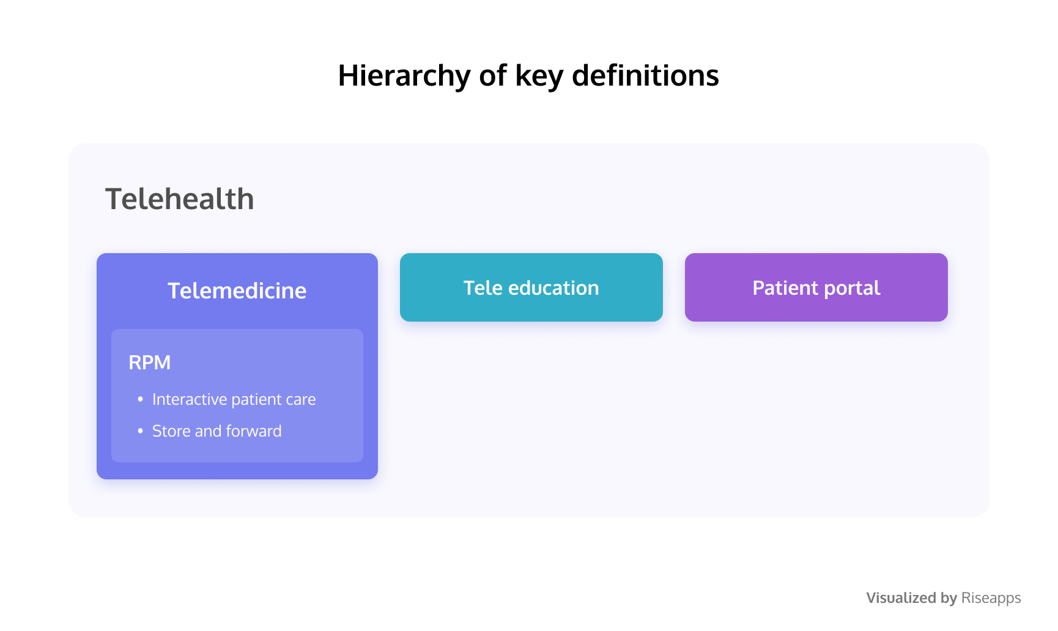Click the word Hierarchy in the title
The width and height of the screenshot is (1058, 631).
click(405, 76)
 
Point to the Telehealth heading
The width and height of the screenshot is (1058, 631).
click(180, 199)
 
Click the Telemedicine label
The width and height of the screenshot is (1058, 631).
click(237, 290)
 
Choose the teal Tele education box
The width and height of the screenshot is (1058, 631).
click(531, 287)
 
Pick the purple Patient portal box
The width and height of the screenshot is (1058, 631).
click(816, 287)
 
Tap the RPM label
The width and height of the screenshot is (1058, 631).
click(150, 363)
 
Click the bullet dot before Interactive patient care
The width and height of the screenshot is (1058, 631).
click(141, 399)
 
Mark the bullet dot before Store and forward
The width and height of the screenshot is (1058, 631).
click(141, 431)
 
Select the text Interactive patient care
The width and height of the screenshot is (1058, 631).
click(234, 399)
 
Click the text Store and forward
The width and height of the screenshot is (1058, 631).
click(217, 431)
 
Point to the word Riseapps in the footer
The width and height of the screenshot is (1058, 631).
click(991, 598)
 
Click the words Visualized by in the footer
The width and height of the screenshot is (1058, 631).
click(912, 598)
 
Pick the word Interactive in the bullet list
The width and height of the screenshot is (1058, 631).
click(190, 399)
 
